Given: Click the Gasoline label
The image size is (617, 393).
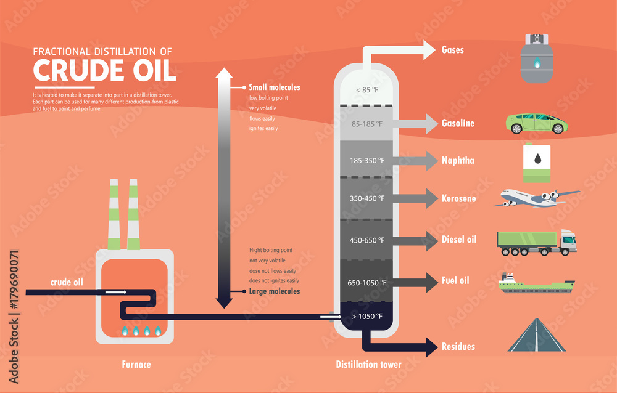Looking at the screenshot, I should point(458,123).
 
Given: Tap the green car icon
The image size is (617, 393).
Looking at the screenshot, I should point(537,123).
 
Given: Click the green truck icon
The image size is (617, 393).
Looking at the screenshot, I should point(536,242).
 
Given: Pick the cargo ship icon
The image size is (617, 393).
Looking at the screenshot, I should point(536,284).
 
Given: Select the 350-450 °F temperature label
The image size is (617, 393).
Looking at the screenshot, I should point(368,198).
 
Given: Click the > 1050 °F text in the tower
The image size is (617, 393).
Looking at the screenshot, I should point(368,317).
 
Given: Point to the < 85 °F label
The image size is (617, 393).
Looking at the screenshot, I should point(368,90).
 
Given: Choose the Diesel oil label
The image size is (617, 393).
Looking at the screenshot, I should point(458,239).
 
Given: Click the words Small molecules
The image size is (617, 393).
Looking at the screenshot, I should point(274,87).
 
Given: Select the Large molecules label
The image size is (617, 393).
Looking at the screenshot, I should point(275,291).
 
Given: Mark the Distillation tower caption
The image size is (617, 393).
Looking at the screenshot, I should point(368,365).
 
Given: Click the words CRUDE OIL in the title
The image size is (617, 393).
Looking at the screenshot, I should point(104,71).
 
